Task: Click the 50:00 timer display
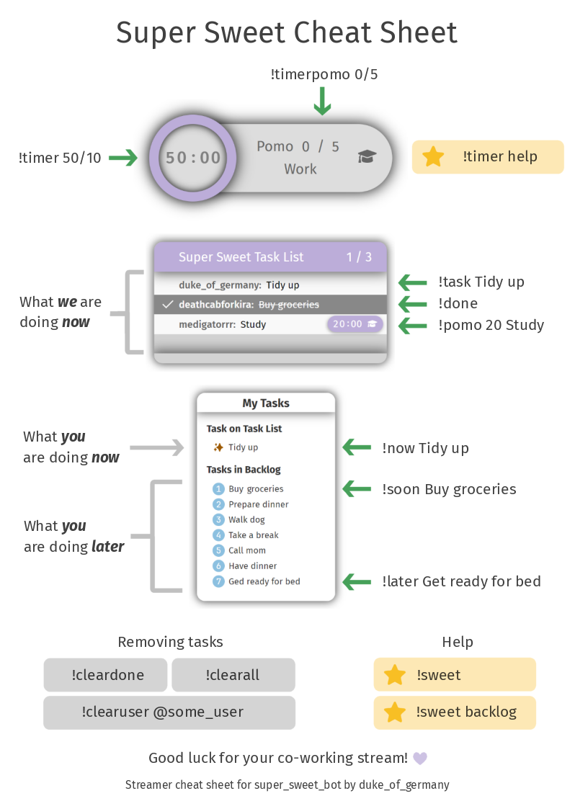193,158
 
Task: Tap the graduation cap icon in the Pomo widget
367,157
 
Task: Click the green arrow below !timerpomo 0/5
322,101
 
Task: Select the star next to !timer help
433,157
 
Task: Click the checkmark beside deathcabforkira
168,305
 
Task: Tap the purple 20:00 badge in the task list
355,324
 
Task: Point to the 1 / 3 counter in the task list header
359,257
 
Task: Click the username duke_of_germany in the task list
220,285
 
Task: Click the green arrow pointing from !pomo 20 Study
413,326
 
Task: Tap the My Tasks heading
266,403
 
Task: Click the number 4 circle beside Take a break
219,535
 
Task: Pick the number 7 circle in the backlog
219,581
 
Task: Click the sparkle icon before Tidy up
218,447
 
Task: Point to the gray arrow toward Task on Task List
168,448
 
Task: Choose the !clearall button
233,675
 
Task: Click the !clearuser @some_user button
169,712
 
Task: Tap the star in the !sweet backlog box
395,712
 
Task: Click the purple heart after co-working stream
420,759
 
